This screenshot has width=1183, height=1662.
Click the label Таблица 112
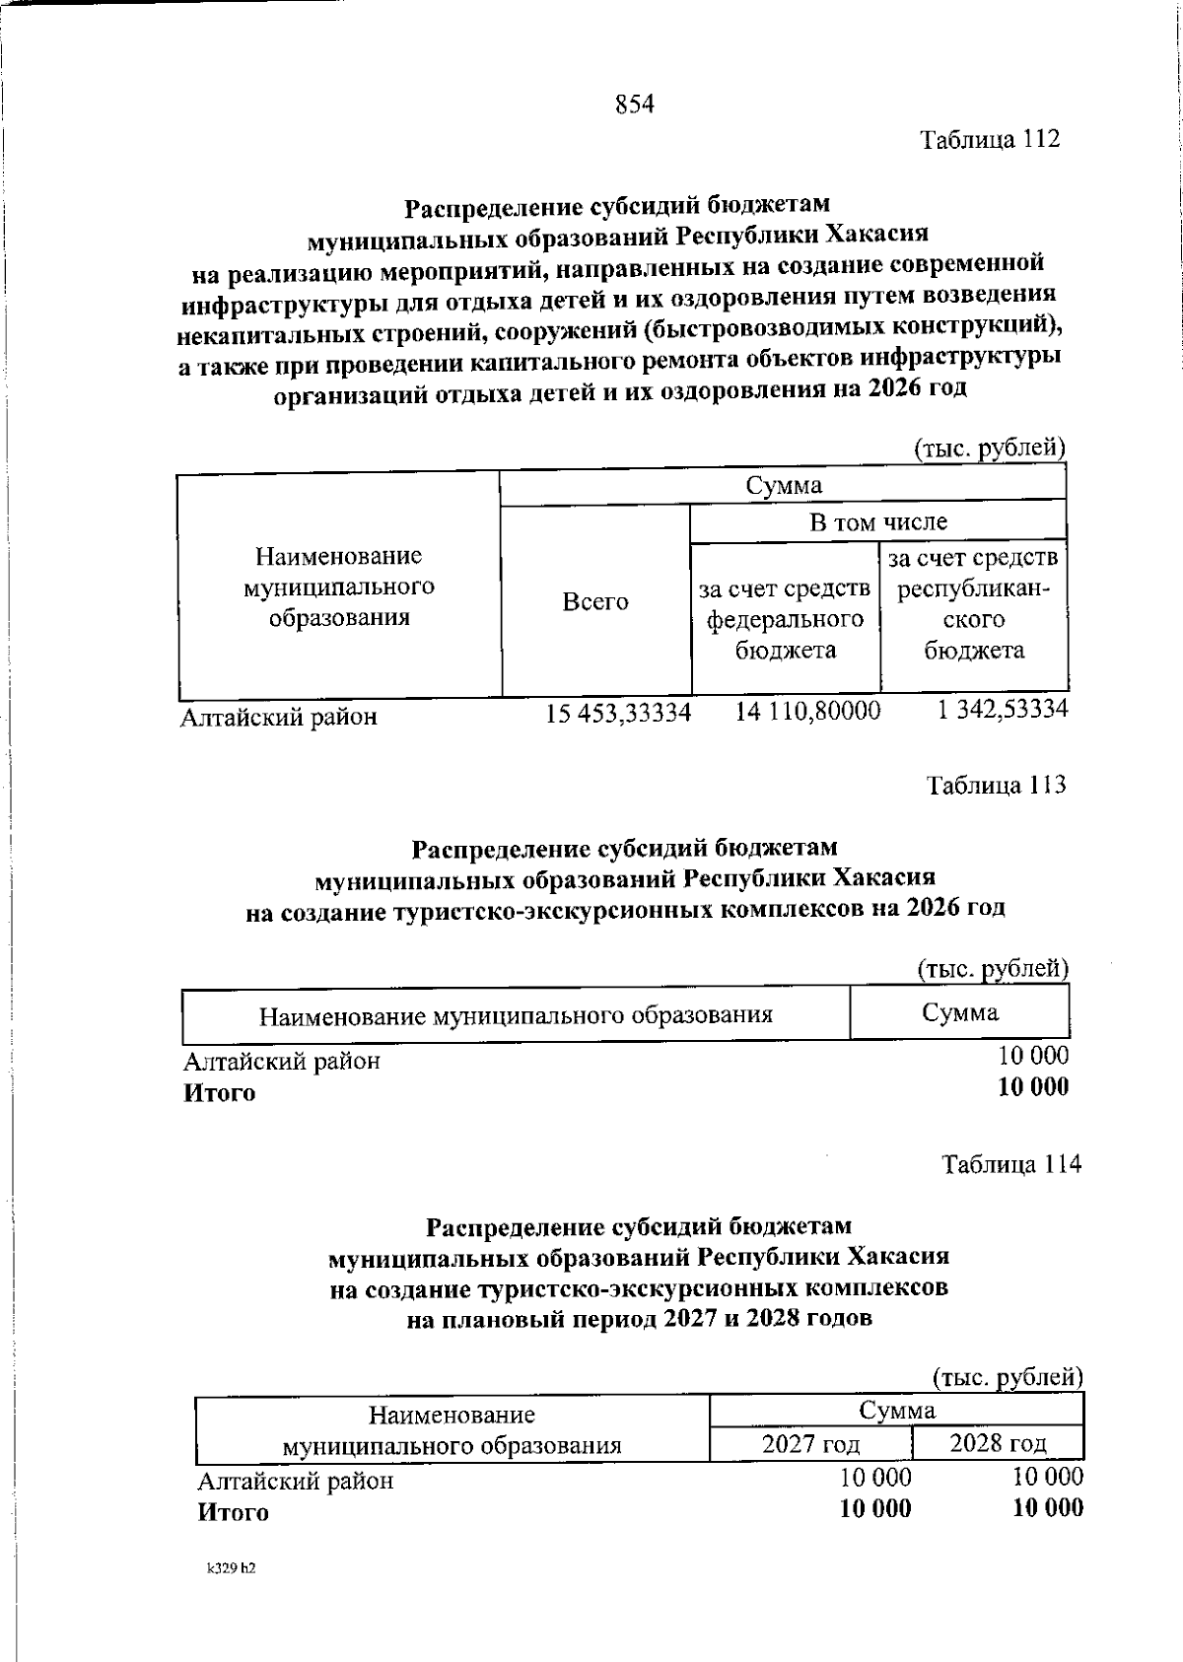[x=990, y=139]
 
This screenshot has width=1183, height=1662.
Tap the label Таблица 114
[x=1010, y=1164]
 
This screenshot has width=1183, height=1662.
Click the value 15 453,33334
[x=619, y=713]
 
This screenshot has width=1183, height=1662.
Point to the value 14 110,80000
[x=807, y=712]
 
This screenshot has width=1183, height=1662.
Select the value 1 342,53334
[x=1002, y=710]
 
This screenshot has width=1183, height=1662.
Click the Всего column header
[x=594, y=602]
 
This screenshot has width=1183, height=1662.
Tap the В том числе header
[x=877, y=522]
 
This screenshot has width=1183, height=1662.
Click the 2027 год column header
[x=810, y=1445]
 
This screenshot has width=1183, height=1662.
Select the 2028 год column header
[x=998, y=1444]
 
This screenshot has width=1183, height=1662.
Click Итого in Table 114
[x=233, y=1512]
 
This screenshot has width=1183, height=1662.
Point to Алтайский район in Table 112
[x=278, y=717]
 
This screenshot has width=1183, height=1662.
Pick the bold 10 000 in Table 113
[x=1032, y=1087]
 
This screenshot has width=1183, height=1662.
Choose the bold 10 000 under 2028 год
[x=1047, y=1507]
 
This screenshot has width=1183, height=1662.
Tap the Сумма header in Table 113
[x=959, y=1012]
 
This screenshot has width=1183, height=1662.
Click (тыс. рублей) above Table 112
[x=989, y=450]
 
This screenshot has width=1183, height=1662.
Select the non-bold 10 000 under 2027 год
[x=875, y=1477]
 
